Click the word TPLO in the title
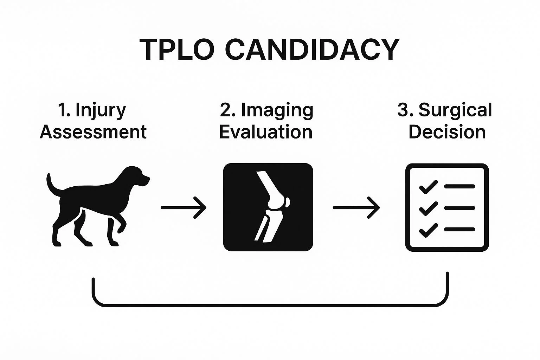click(177, 50)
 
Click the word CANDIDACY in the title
click(312, 50)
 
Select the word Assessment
click(93, 132)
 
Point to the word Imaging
click(277, 110)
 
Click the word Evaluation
click(266, 132)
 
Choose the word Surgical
click(455, 110)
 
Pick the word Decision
click(447, 132)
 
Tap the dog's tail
click(51, 185)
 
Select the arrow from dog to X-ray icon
click(183, 207)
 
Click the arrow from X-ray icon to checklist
click(356, 207)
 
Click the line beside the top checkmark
click(459, 186)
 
